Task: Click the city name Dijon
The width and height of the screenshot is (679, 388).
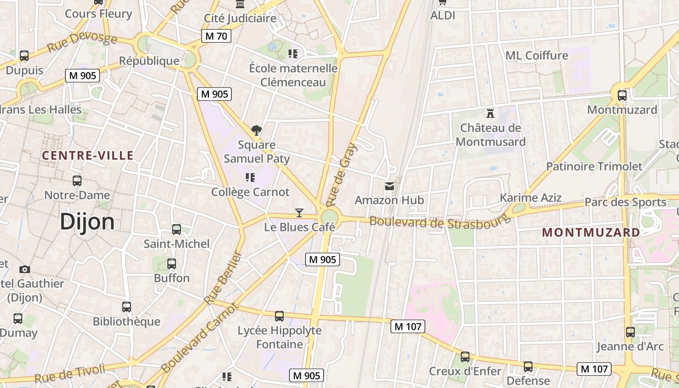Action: pos(87,222)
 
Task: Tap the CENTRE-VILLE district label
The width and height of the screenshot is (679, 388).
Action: pos(87,156)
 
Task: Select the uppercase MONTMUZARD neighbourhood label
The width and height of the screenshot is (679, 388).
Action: pos(591,232)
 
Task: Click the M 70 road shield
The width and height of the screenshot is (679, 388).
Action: pos(216,36)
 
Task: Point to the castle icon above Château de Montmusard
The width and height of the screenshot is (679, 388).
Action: pos(490,113)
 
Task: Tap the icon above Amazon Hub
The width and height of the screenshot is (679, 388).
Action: pos(389,186)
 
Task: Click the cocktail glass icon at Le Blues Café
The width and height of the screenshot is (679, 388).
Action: pos(299,212)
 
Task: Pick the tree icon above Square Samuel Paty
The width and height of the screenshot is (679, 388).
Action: pos(257,130)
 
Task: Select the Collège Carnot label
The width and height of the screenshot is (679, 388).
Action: pos(250,192)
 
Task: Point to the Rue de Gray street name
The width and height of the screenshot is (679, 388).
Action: pos(341,175)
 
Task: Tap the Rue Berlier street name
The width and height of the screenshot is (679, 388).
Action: pos(223,278)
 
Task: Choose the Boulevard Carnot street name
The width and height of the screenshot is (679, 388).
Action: pos(200,338)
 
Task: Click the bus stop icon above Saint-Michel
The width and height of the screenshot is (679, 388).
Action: pos(177,229)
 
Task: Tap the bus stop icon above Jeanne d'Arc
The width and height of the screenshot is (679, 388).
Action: pos(630,332)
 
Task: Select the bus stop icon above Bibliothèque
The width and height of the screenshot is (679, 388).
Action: pos(127,307)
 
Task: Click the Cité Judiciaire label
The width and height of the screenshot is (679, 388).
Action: pos(240,18)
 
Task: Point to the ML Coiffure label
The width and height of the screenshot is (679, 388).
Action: pos(536,55)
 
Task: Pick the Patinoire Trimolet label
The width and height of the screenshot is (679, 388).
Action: pos(594,166)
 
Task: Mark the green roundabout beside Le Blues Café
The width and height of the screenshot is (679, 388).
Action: pos(329,217)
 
